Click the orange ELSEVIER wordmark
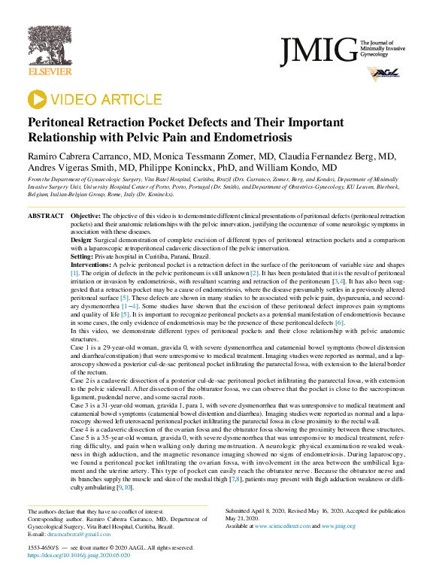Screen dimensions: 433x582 (x=50, y=72)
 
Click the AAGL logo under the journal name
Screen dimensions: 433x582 (x=381, y=74)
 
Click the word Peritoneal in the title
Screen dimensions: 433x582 (x=59, y=123)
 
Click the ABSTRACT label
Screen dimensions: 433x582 (x=46, y=216)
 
